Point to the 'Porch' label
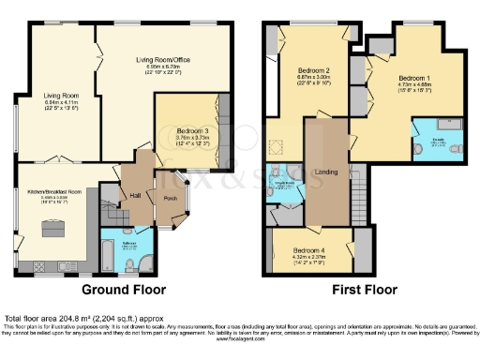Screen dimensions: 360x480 pos(170,199)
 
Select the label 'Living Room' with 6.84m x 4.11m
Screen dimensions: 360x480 pos(60,95)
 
